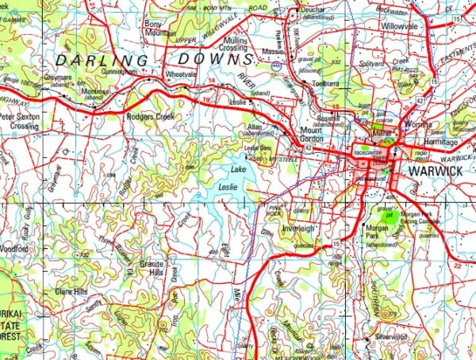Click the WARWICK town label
(434, 170)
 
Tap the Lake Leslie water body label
(233, 178)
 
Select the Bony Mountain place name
(160, 29)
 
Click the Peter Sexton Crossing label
(18, 121)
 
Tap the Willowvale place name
(399, 25)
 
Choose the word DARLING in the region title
(99, 60)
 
